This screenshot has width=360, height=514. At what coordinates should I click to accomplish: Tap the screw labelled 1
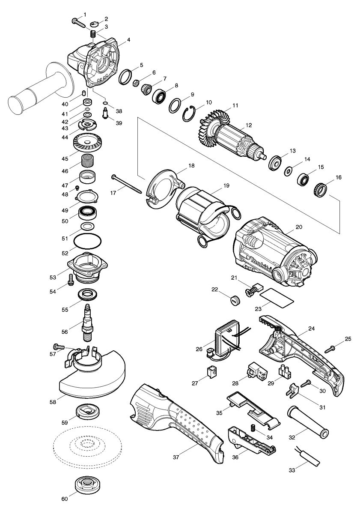[79, 22]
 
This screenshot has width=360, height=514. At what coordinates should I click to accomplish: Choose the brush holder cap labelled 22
[234, 299]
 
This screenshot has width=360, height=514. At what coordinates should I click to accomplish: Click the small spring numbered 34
[253, 426]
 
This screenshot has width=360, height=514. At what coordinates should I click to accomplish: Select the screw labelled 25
[330, 349]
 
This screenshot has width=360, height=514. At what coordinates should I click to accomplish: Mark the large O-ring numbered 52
[88, 242]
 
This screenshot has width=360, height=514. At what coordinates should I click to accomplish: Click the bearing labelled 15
[304, 179]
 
